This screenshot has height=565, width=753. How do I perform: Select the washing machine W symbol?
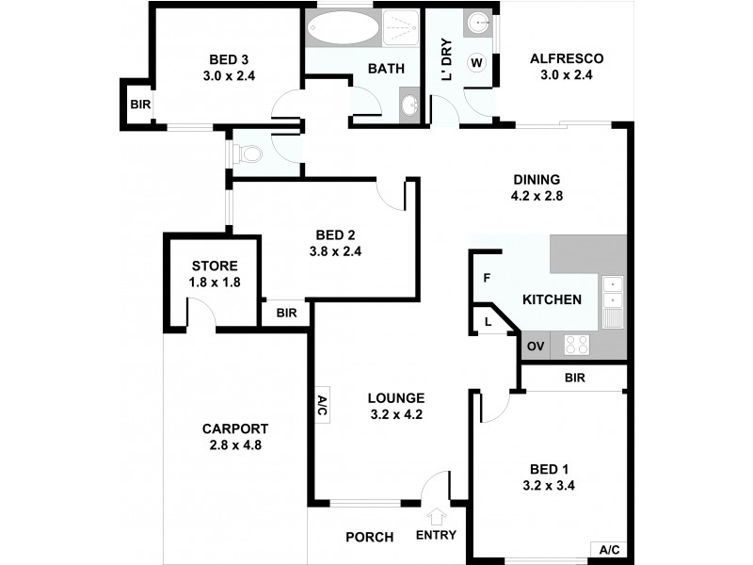[476, 63]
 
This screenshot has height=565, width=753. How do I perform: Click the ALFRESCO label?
[566, 58]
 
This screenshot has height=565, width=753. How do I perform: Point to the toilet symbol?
[247, 153]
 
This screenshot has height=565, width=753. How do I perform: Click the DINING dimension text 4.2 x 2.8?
[537, 197]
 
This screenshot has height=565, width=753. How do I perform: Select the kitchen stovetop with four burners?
[576, 346]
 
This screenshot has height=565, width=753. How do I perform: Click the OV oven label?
[536, 347]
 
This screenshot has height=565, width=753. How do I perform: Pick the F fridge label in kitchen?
[487, 279]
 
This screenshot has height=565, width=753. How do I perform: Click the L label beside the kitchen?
[488, 322]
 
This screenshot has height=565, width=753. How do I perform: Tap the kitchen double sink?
[613, 294]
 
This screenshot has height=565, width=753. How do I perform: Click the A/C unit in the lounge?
[321, 406]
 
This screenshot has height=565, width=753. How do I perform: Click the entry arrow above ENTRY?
[436, 516]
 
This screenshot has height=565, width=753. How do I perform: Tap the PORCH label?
[369, 537]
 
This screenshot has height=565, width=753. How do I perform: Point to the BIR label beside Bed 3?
[139, 105]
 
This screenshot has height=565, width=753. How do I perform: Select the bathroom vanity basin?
[411, 104]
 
